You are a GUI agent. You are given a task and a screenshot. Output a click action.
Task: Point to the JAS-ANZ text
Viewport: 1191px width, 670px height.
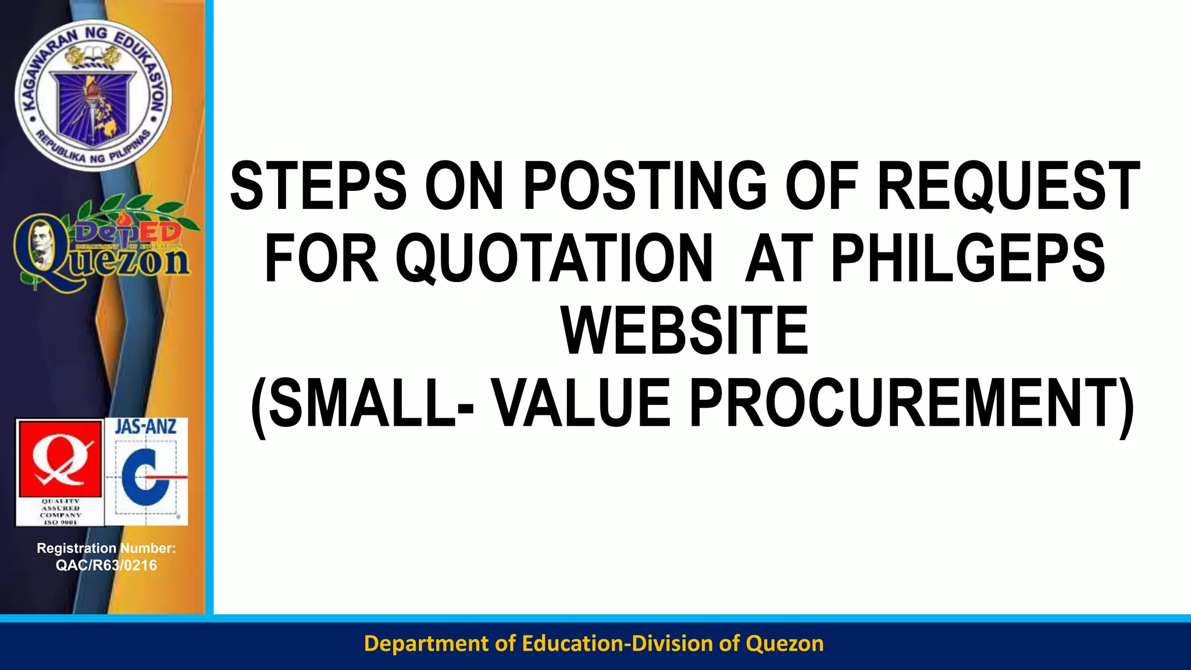tap(146, 427)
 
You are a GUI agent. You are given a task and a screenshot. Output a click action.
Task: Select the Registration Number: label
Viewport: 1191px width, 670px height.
tap(106, 548)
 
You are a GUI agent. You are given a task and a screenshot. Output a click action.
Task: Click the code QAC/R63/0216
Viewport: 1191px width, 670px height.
tap(106, 565)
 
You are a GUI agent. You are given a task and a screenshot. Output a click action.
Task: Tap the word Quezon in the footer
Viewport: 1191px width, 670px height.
tap(785, 643)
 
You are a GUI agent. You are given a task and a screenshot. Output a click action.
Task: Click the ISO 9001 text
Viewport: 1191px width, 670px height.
tap(60, 522)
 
